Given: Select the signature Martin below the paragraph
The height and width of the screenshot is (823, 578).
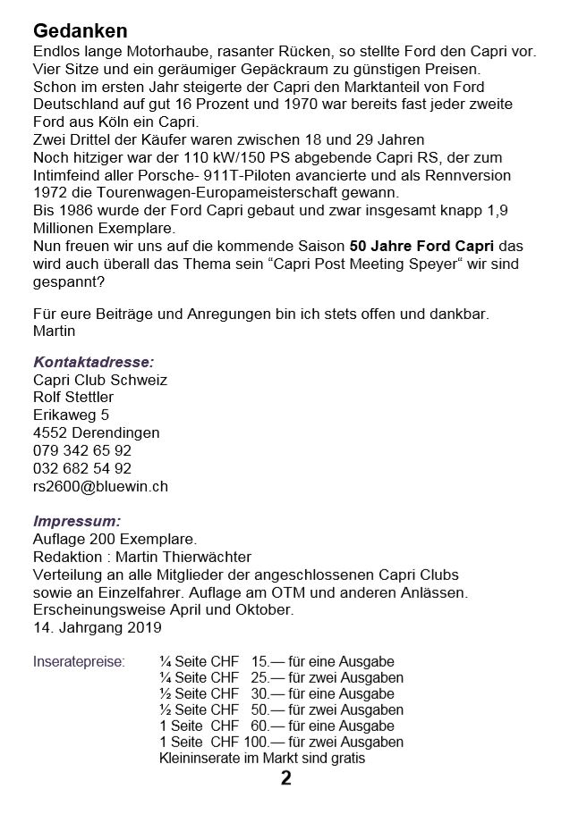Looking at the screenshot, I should click(x=55, y=331).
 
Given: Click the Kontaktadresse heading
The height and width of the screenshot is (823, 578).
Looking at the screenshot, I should click(x=93, y=362).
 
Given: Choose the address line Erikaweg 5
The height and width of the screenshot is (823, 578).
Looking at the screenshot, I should click(x=71, y=416).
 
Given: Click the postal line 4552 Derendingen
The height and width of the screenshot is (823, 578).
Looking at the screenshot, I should click(x=96, y=433).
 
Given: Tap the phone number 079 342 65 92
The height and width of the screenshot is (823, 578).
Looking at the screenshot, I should click(x=81, y=451).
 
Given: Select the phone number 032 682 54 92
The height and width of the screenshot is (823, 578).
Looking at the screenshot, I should click(x=81, y=469).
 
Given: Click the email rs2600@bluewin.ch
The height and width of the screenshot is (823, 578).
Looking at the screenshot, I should click(x=100, y=487).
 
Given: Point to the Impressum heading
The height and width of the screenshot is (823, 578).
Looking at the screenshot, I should click(x=76, y=521).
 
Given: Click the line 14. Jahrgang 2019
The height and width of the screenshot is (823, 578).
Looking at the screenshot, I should click(x=97, y=627).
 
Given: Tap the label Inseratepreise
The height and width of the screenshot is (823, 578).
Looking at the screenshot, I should click(x=79, y=662).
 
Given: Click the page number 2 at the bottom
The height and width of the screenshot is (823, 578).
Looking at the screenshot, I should click(x=286, y=778).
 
